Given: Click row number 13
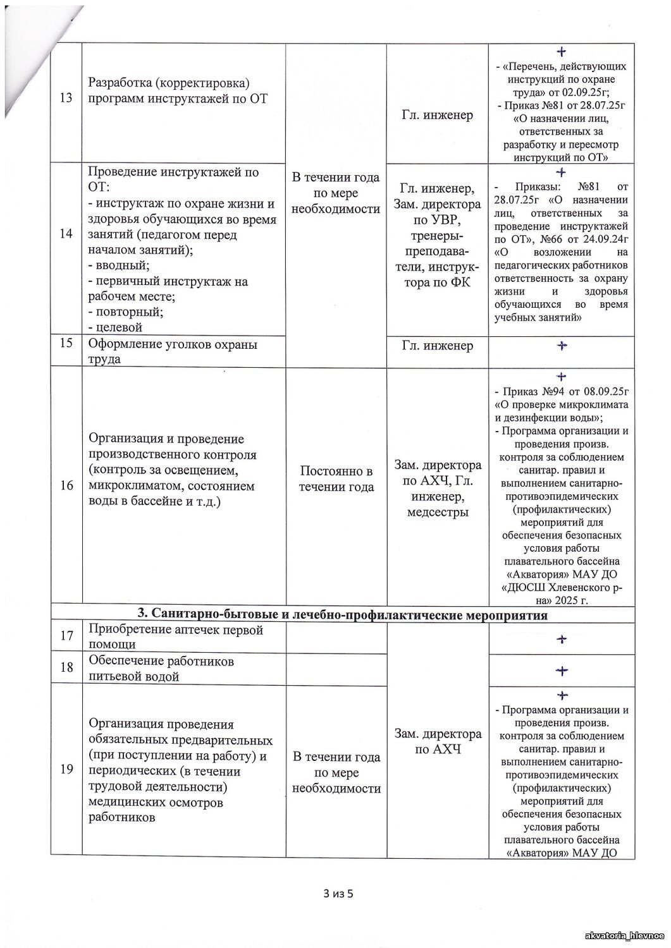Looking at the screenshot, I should tap(66, 98).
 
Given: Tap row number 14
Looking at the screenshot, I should tap(66, 234).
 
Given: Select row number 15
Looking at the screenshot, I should tap(66, 345).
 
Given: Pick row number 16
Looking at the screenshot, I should tap(66, 485).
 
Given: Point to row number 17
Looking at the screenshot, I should tap(66, 636).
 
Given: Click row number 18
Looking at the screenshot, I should tap(66, 667).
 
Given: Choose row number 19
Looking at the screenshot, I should tap(66, 769).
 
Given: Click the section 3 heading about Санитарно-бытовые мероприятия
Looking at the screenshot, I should tap(342, 614).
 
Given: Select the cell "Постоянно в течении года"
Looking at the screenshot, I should tap(336, 479).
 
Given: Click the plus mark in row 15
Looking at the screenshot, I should tap(561, 345).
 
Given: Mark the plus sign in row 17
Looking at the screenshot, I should tap(561, 639).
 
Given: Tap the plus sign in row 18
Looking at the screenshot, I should tap(561, 671).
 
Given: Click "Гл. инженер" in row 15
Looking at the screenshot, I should tap(437, 346).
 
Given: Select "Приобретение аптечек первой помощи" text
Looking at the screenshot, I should tap(175, 637).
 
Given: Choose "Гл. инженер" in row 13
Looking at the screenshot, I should tap(437, 115).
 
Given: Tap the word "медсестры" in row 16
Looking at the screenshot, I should tap(437, 512).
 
